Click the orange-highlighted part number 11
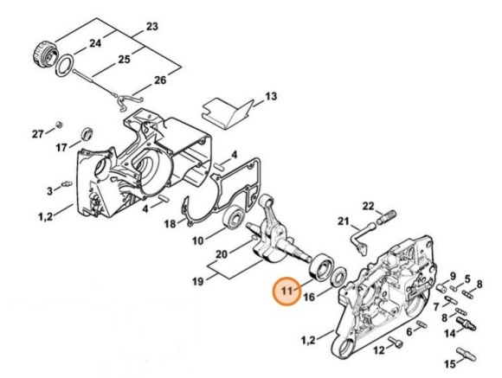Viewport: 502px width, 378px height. [286, 293]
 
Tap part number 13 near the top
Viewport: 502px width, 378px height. [270, 96]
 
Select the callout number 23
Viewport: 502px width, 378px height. [152, 28]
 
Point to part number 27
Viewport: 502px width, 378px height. [37, 134]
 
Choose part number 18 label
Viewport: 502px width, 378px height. [170, 224]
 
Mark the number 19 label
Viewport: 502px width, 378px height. [197, 280]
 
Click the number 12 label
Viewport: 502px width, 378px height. [379, 350]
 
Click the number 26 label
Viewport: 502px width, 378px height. [159, 81]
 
